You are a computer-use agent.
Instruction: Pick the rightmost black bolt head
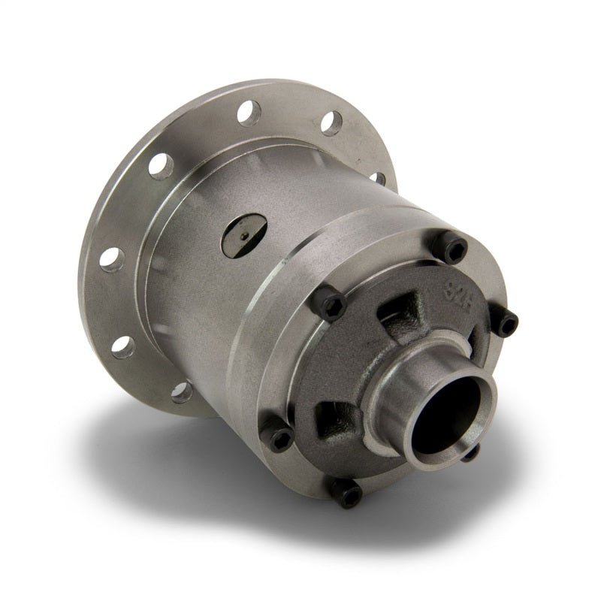[x=509, y=323]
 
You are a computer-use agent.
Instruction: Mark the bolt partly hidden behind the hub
[x=470, y=453]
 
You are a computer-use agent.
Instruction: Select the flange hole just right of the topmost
[x=331, y=122]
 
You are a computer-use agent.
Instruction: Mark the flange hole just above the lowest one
[x=122, y=345]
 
